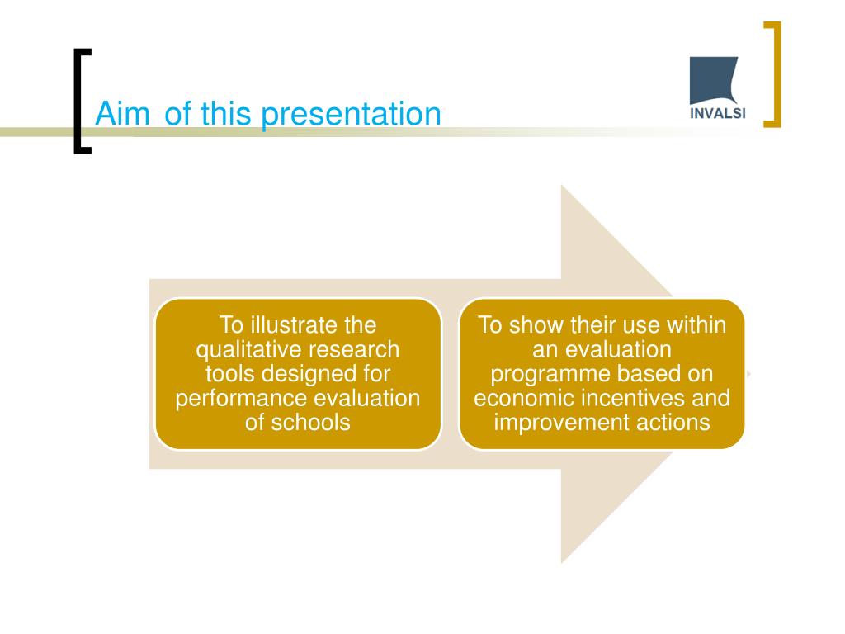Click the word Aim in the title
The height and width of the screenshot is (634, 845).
(122, 114)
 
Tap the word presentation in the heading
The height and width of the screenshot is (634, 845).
(351, 116)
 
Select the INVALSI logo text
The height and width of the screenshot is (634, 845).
(718, 114)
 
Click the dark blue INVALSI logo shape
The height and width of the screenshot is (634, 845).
(714, 80)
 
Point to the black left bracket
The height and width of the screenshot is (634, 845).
(78, 102)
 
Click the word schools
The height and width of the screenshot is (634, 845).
(310, 422)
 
